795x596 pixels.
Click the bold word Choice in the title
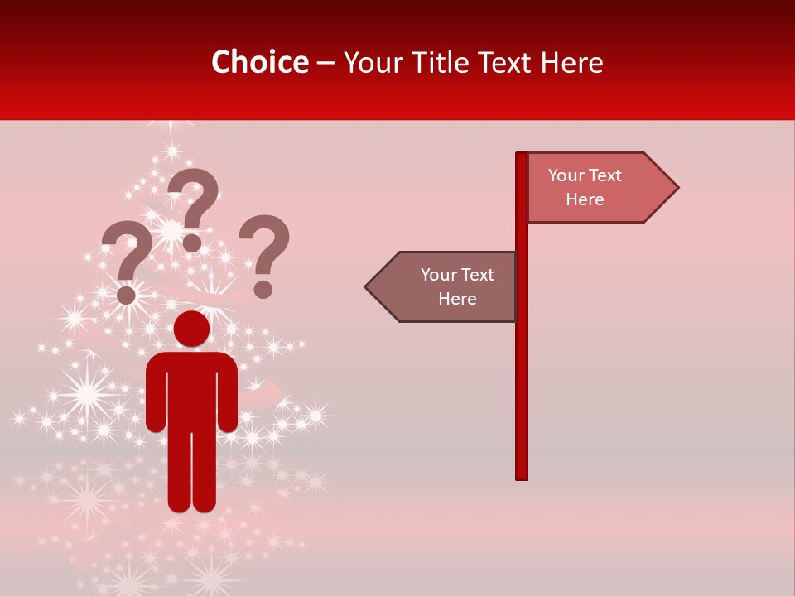tap(259, 62)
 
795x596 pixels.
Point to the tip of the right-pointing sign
tap(677, 188)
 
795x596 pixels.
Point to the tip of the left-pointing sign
tap(367, 287)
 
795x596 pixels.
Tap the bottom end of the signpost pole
tap(522, 476)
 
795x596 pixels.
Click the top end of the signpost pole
tap(522, 155)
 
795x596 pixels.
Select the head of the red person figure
tap(191, 329)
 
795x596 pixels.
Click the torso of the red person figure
tap(191, 389)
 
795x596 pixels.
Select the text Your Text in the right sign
tap(585, 175)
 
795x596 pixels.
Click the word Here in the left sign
tap(457, 299)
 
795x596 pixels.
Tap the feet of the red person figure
tap(191, 503)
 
